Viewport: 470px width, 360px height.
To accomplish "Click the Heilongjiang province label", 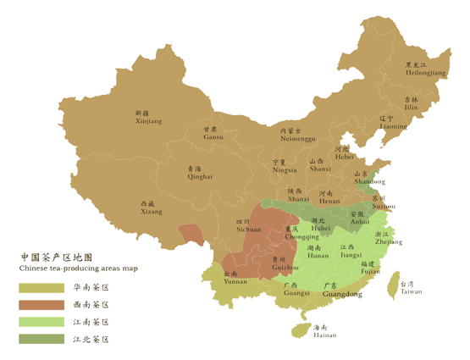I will (425, 69).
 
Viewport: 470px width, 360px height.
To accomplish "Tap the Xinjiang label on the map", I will (147, 118).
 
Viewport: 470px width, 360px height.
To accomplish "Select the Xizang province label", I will (152, 208).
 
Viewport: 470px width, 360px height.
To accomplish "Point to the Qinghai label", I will (200, 173).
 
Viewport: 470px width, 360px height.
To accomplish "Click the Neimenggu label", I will (296, 135).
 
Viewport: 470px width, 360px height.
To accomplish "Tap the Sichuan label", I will (248, 225).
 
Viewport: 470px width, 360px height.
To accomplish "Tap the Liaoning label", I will (393, 123).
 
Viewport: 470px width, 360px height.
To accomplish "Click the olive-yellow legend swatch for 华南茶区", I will (41, 288).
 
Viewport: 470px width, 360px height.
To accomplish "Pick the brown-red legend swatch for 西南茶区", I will (41, 305).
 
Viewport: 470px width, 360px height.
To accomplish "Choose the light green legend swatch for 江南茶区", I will (41, 322).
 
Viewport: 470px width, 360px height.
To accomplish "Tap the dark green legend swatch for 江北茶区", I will (41, 339).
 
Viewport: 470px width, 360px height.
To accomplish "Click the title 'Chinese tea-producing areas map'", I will (78, 268).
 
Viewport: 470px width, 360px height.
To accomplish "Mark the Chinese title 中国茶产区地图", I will (55, 256).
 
